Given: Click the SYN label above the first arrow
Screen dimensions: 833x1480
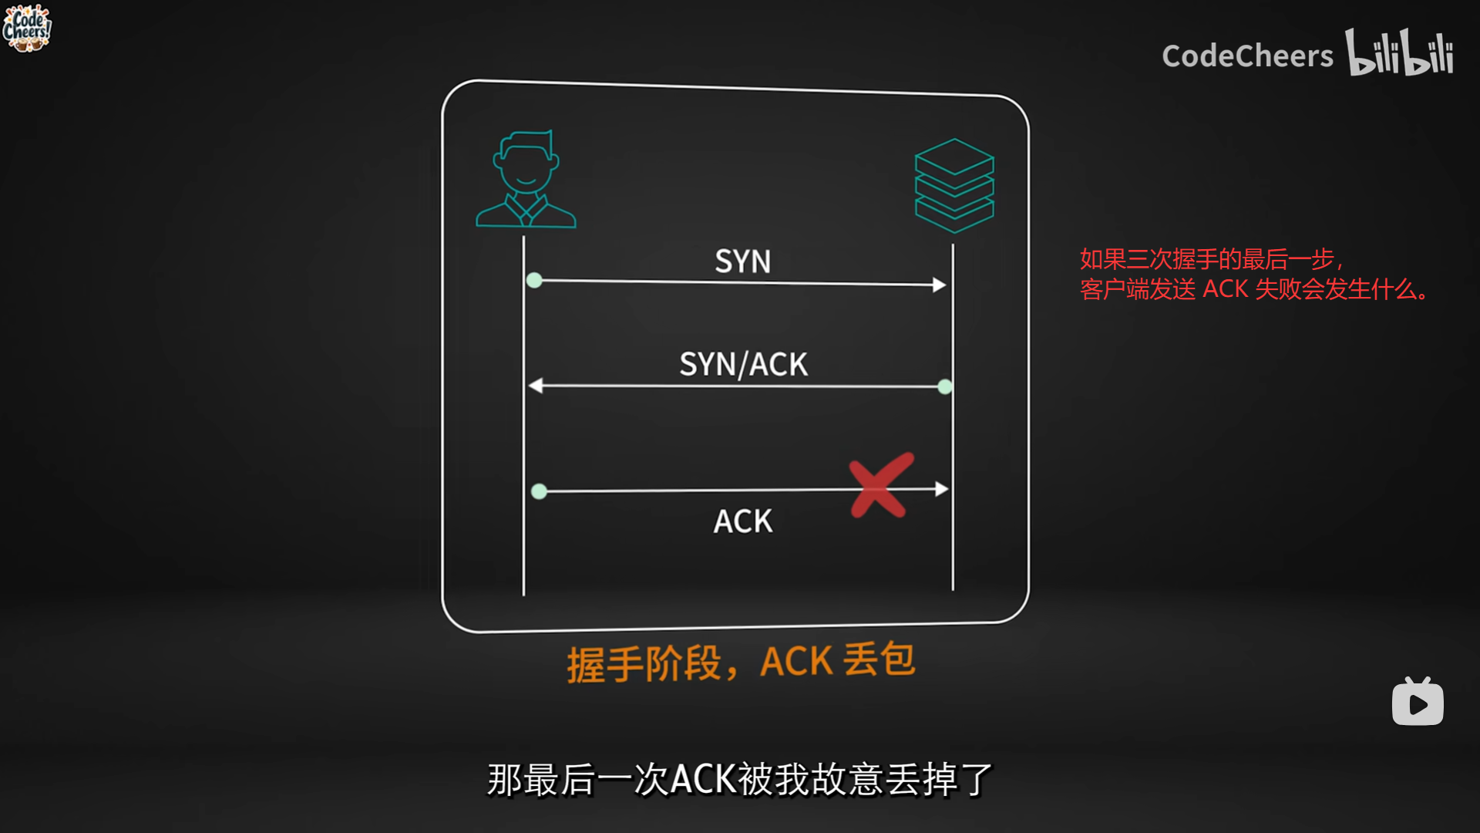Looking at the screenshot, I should pyautogui.click(x=742, y=261).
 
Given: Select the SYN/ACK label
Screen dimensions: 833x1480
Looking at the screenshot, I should pyautogui.click(x=743, y=364).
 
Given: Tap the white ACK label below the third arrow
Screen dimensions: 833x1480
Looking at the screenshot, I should pyautogui.click(x=742, y=521).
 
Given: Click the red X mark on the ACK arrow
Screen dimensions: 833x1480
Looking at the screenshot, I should pyautogui.click(x=880, y=485).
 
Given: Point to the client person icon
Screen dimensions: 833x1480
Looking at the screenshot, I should pyautogui.click(x=526, y=179).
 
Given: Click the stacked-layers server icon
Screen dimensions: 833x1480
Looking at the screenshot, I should pyautogui.click(x=954, y=185).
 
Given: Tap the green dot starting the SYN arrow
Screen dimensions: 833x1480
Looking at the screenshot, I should pyautogui.click(x=534, y=280).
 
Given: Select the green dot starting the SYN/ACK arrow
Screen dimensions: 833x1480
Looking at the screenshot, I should pyautogui.click(x=945, y=386).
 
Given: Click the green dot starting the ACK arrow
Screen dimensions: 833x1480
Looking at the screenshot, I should pyautogui.click(x=539, y=491).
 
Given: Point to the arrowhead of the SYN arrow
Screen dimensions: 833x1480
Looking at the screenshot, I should pyautogui.click(x=939, y=285).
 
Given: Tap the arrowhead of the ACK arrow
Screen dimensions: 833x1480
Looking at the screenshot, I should pyautogui.click(x=941, y=489).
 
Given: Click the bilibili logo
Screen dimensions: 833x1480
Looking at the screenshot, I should pyautogui.click(x=1399, y=52).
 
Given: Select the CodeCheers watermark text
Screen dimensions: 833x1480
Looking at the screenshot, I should pyautogui.click(x=1247, y=56).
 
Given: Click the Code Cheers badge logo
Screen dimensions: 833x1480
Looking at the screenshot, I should pyautogui.click(x=27, y=29).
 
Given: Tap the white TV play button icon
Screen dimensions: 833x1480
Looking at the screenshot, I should pyautogui.click(x=1418, y=702).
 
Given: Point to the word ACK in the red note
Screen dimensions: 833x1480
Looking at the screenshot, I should pyautogui.click(x=1225, y=289).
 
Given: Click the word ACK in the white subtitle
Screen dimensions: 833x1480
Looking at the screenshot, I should pyautogui.click(x=703, y=779).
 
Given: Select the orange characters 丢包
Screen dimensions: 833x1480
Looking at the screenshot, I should pyautogui.click(x=879, y=660).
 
